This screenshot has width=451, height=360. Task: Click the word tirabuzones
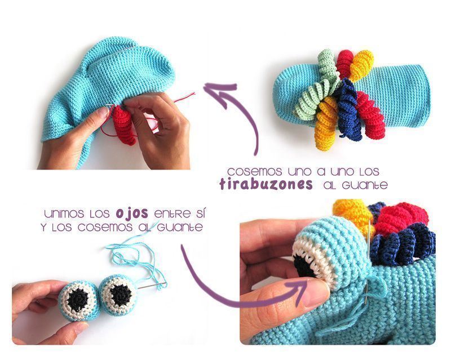tap(266, 184)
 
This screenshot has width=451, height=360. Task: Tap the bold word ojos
tap(132, 214)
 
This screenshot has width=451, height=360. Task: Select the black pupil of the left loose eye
tap(78, 300)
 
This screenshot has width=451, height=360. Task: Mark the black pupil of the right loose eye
tap(121, 295)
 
